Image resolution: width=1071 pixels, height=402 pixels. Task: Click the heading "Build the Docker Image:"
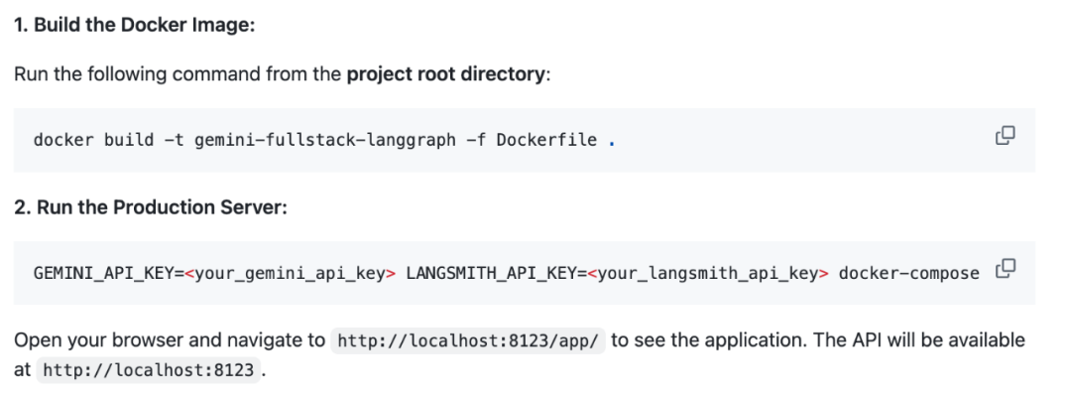(144, 25)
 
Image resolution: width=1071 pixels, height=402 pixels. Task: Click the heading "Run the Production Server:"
(162, 207)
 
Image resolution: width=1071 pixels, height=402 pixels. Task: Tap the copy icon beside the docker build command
(1005, 136)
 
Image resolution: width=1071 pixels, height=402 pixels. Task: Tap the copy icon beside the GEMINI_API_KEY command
(1006, 269)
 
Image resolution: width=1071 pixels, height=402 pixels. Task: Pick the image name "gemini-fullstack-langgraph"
(325, 140)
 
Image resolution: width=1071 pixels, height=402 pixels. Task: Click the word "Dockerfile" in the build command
(546, 140)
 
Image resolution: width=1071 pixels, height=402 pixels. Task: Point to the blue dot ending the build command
(611, 144)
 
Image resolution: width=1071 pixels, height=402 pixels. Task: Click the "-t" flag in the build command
(175, 140)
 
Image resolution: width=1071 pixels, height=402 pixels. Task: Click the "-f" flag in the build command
(477, 140)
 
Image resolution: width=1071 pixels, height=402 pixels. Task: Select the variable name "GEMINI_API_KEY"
(104, 274)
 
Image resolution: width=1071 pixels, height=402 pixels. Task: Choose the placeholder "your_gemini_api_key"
(291, 274)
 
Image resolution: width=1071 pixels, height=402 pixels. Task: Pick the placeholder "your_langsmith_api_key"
(708, 274)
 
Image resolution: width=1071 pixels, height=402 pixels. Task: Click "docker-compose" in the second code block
(908, 274)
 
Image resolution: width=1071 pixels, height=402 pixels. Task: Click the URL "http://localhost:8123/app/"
(468, 340)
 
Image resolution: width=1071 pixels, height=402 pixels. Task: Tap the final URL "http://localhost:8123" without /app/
(148, 370)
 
